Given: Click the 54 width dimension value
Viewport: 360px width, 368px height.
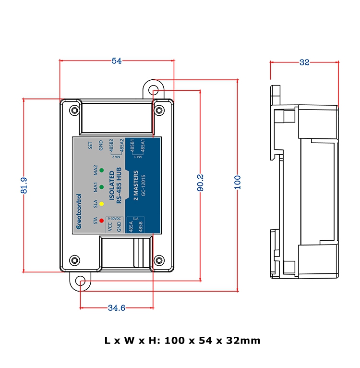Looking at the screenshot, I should (x=117, y=61).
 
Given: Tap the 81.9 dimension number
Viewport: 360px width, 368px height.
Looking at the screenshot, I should (x=24, y=185).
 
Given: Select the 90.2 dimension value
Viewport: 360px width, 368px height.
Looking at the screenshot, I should (x=200, y=183).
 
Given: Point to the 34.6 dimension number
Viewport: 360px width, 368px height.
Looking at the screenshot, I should (x=116, y=308).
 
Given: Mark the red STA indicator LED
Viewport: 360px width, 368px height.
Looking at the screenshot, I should (x=102, y=221).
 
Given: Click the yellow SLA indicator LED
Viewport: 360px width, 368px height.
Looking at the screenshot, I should (x=102, y=204).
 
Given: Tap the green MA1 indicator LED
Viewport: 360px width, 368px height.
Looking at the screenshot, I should (x=102, y=186).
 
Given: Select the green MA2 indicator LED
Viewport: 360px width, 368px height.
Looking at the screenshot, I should (x=102, y=170).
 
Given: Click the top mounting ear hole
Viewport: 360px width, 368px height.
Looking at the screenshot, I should (x=153, y=90).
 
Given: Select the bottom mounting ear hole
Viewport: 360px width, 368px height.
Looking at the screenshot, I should (x=81, y=281).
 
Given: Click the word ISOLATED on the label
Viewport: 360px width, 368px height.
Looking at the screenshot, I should (x=112, y=184).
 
